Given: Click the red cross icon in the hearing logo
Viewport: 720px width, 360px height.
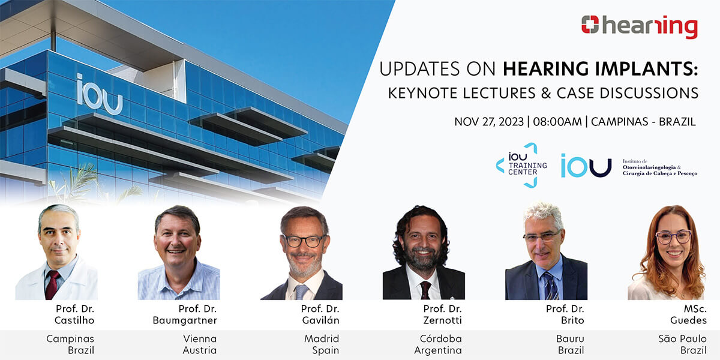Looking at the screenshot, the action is click(x=590, y=25).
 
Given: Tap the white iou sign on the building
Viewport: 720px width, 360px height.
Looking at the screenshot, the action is click(x=100, y=95).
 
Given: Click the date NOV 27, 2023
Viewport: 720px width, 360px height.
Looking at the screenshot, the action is click(x=489, y=122).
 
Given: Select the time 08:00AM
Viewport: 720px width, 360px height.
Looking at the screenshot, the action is click(x=557, y=122).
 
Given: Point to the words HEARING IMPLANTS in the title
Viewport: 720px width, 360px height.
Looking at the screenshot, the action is click(x=600, y=69).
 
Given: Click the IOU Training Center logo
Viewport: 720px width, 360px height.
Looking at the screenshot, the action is click(x=521, y=165).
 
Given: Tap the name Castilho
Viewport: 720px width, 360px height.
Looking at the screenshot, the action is click(x=74, y=320).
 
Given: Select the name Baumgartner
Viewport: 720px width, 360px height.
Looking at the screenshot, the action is click(x=185, y=320).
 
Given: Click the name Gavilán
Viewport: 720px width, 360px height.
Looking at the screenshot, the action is click(x=320, y=320).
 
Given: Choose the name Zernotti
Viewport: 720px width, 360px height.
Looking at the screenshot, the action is click(x=442, y=320).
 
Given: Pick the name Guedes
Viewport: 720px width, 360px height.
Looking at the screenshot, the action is click(x=688, y=320).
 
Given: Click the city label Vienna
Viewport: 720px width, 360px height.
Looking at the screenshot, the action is click(x=200, y=338).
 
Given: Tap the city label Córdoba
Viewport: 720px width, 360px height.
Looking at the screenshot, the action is click(x=440, y=338).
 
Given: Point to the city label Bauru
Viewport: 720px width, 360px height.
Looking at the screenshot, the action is click(x=570, y=338).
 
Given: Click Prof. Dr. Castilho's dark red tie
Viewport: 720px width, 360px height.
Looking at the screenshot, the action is click(x=52, y=284).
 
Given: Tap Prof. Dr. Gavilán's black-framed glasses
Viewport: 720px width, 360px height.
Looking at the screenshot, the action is click(x=304, y=241).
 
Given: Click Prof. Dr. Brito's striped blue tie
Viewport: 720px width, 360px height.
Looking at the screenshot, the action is click(x=551, y=286).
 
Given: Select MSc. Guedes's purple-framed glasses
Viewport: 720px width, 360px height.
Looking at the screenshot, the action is click(x=673, y=238).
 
